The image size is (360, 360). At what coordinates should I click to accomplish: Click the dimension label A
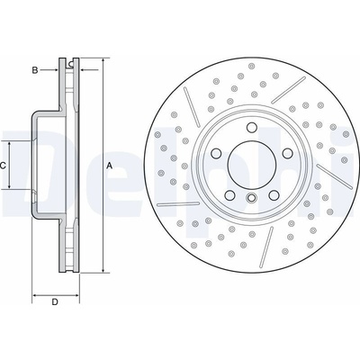click(x=110, y=166)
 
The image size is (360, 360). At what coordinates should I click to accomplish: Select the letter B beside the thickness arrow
click(x=35, y=70)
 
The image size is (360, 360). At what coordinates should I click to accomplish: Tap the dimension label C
click(x=3, y=166)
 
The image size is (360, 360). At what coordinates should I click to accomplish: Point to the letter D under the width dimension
click(x=55, y=301)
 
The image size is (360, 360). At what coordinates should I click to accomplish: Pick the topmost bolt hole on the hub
click(x=251, y=128)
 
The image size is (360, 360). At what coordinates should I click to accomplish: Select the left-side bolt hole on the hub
click(x=216, y=153)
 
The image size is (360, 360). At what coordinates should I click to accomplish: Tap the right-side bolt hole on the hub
click(x=287, y=153)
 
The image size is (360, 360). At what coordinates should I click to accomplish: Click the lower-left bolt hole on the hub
click(x=229, y=195)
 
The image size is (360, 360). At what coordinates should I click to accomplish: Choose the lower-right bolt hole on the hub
click(x=274, y=195)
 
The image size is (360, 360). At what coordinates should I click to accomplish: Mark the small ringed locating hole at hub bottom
click(x=251, y=197)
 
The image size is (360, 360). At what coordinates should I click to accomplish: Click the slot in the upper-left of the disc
click(x=192, y=107)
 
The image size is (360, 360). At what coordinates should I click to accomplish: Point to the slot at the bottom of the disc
click(x=266, y=247)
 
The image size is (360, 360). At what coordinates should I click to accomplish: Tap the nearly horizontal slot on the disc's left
click(x=178, y=204)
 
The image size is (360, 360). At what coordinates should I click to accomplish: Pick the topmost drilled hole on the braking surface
click(x=251, y=66)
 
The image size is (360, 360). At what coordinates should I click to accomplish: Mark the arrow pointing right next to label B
click(x=49, y=70)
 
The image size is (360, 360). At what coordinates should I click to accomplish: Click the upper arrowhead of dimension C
click(x=10, y=145)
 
